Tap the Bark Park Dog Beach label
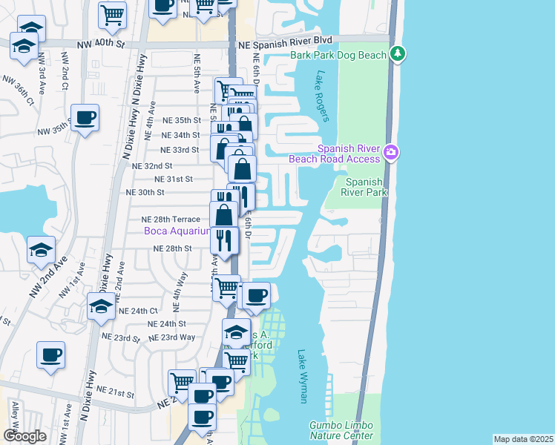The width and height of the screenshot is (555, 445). point(338,56)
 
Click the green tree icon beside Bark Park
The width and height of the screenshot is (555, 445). point(398,53)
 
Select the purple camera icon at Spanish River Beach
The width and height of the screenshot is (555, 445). point(391,154)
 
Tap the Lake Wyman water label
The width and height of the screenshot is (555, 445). point(303,376)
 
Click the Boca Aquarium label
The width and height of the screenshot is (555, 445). point(177,231)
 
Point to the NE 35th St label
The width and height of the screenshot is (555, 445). point(181,120)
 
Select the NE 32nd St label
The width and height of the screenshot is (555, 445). point(152,166)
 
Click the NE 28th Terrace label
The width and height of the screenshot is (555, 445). point(171,220)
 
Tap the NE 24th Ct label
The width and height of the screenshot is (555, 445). point(142,310)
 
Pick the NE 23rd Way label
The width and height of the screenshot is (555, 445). point(171,337)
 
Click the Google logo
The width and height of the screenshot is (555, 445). point(24,436)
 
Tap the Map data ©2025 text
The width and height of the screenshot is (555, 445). point(522,439)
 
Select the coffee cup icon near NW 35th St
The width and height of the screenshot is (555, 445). point(85,117)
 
